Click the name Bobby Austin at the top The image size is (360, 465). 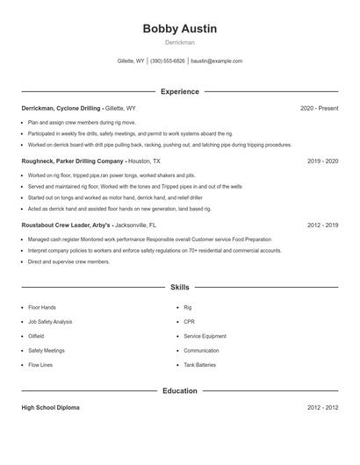(179, 29)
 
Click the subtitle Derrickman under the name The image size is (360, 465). (179, 42)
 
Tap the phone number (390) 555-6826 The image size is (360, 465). (167, 61)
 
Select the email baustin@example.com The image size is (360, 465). (216, 61)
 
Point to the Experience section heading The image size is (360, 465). (179, 91)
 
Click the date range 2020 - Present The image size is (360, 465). (319, 108)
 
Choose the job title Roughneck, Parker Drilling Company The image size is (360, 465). (73, 161)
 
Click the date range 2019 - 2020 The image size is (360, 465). (322, 161)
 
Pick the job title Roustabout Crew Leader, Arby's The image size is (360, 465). (66, 225)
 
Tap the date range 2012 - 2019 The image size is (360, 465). (322, 225)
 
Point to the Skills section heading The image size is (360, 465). (179, 287)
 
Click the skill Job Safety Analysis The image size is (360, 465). (50, 322)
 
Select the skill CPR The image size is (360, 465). (189, 322)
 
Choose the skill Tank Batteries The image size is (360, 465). (199, 364)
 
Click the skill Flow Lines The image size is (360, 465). (40, 364)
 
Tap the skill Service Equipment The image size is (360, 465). (205, 336)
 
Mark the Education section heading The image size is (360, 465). (179, 390)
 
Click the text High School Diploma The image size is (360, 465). (52, 408)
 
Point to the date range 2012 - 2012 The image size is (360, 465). (322, 408)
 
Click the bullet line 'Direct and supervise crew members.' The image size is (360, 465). (68, 261)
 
